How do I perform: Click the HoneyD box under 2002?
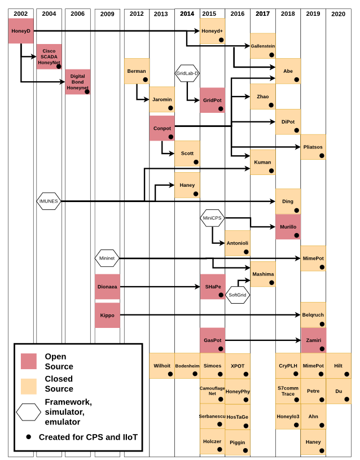pyautogui.click(x=21, y=30)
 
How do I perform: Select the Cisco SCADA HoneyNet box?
pyautogui.click(x=49, y=56)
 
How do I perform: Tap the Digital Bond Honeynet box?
pyautogui.click(x=77, y=82)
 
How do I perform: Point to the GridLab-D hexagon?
pyautogui.click(x=187, y=73)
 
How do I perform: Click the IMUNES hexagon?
pyautogui.click(x=49, y=201)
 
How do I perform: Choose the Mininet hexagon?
pyautogui.click(x=107, y=259)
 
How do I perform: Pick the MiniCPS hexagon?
pyautogui.click(x=212, y=218)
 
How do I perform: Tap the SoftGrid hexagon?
pyautogui.click(x=238, y=295)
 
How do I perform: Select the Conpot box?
pyautogui.click(x=162, y=128)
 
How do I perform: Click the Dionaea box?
pyautogui.click(x=107, y=286)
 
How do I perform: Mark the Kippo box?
pyautogui.click(x=107, y=315)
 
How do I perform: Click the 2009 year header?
pyautogui.click(x=107, y=14)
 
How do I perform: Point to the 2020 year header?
pyautogui.click(x=339, y=14)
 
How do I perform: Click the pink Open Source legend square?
pyautogui.click(x=28, y=361)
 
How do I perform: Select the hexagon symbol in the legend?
pyautogui.click(x=28, y=413)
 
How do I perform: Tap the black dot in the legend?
pyautogui.click(x=28, y=437)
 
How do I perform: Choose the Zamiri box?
pyautogui.click(x=313, y=340)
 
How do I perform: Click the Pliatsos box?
pyautogui.click(x=313, y=147)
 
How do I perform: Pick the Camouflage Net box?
pyautogui.click(x=212, y=391)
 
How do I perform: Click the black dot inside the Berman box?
pyautogui.click(x=145, y=80)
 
